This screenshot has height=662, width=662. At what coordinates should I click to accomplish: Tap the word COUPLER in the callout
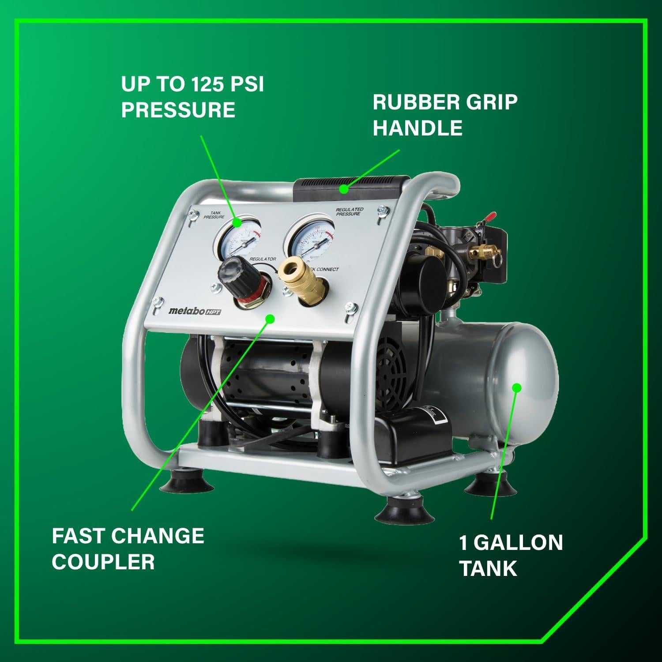tap(103, 561)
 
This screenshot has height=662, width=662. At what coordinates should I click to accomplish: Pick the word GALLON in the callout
tap(519, 542)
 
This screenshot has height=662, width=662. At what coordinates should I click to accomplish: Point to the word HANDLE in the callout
tap(418, 128)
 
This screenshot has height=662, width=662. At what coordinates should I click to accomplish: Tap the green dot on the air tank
tap(517, 388)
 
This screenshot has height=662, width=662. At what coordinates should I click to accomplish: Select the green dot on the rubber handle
tap(342, 190)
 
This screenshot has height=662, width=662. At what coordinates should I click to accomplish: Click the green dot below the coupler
tap(271, 318)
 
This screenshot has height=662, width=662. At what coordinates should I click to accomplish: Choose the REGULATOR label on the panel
tap(263, 259)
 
